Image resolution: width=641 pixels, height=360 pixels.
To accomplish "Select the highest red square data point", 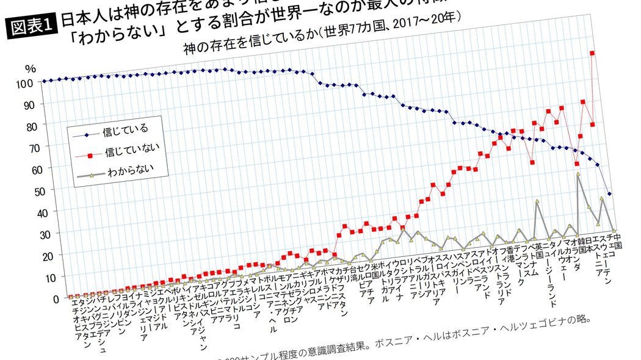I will tap(592, 53).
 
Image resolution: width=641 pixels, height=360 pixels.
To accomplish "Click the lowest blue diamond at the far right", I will tap(610, 193).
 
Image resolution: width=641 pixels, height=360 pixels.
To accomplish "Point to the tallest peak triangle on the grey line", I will tap(578, 175).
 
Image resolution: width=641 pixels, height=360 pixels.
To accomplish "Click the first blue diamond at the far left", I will tap(44, 81).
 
